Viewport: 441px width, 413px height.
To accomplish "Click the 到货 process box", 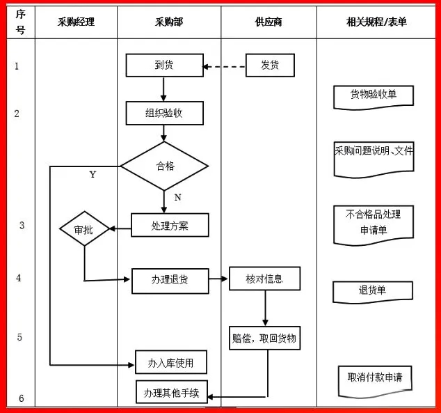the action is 165,65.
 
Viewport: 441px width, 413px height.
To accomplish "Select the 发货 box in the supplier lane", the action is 270,65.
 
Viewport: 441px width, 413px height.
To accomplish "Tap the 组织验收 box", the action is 165,113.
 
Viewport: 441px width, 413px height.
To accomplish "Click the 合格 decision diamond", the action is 165,166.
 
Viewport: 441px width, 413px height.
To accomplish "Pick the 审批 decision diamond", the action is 84,228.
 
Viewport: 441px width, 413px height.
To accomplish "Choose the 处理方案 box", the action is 170,225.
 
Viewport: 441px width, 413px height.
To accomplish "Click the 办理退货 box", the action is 170,281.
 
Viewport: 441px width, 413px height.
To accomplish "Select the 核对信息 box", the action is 264,279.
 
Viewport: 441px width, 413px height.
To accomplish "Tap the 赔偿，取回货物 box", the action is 264,338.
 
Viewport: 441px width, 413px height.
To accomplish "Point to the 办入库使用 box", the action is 171,362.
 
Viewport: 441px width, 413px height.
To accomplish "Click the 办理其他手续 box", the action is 172,392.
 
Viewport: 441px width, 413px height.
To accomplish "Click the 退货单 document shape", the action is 373,293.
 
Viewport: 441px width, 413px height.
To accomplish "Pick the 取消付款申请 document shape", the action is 375,382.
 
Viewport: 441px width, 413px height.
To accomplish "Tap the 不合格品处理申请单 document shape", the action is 374,225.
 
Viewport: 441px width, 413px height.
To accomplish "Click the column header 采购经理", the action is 76,22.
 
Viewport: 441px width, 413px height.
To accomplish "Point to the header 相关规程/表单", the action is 376,22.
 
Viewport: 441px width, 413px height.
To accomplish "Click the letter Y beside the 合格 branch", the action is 93,175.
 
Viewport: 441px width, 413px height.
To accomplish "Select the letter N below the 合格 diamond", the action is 178,197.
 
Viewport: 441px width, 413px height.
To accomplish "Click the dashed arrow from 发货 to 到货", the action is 224,67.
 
